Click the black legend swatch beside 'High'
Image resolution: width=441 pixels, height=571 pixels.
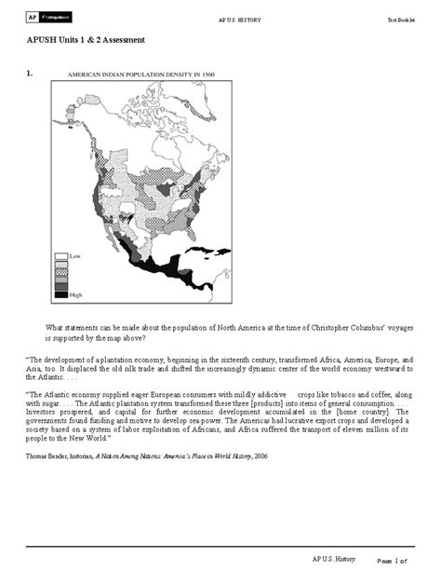point(61,294)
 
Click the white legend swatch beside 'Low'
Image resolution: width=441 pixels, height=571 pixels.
point(61,253)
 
